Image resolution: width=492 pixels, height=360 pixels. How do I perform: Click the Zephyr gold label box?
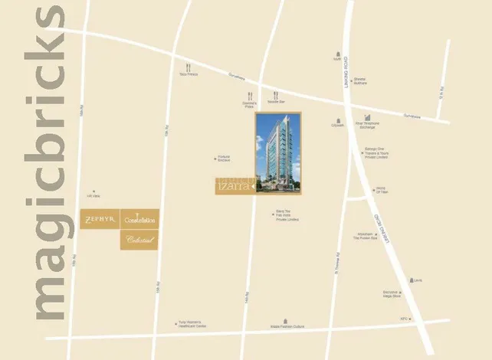coord(99,220)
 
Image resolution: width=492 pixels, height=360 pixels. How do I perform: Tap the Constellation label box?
coord(139,220)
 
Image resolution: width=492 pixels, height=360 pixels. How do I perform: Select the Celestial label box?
coord(139,239)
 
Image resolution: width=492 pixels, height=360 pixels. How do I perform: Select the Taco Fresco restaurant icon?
coord(188,67)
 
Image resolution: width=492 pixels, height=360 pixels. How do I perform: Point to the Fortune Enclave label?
coord(223,159)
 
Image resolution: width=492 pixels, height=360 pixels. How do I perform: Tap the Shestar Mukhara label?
coord(360,81)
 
